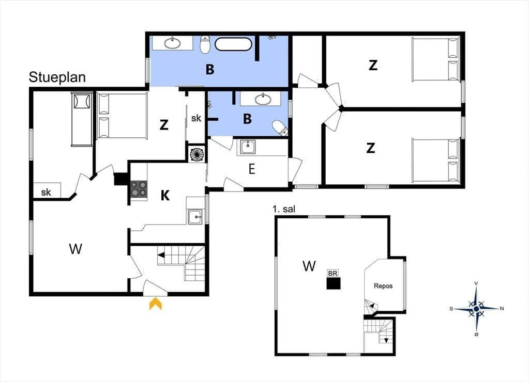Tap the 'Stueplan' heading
[x=57, y=77]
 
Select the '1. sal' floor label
[x=284, y=209]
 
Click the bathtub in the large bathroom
[x=233, y=44]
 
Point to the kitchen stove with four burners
[x=139, y=189]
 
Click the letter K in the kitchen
[x=165, y=195]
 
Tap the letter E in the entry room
[x=252, y=169]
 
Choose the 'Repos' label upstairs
[x=383, y=286]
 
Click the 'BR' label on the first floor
[x=332, y=273]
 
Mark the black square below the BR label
[x=334, y=283]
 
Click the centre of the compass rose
[x=476, y=309]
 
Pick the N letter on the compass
[x=502, y=308]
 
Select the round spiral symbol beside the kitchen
[x=198, y=154]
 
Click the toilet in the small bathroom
[x=280, y=128]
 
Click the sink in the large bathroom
[x=173, y=43]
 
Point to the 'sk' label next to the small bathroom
[x=196, y=118]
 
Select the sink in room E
[x=248, y=147]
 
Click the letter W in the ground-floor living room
[x=75, y=249]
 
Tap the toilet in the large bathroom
[x=205, y=44]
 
